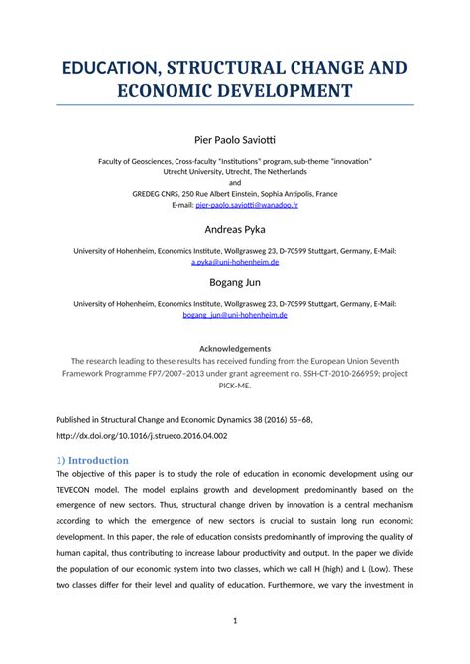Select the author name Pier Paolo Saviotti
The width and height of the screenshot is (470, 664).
click(235, 141)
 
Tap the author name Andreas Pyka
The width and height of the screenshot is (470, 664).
click(235, 230)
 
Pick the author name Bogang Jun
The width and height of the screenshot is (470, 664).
click(235, 281)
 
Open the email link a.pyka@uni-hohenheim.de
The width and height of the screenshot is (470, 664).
click(235, 263)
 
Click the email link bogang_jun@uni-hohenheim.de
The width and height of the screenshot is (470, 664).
click(235, 315)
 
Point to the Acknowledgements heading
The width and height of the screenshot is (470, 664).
click(235, 349)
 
